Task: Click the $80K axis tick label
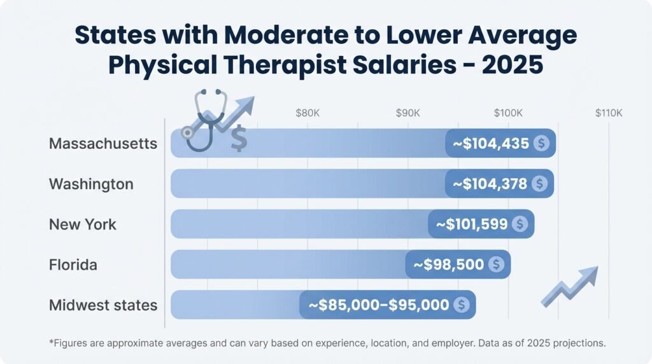[308, 113]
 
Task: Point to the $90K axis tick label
[407, 113]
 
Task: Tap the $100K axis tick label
[508, 113]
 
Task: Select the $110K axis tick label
[608, 113]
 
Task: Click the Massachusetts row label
[103, 143]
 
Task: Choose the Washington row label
[91, 184]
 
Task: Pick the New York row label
[83, 224]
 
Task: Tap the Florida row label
[73, 264]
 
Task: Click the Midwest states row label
[103, 305]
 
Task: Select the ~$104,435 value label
[491, 143]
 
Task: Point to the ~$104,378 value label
[490, 184]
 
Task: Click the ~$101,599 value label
[472, 224]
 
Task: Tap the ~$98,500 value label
[448, 264]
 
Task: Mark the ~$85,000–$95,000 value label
[379, 305]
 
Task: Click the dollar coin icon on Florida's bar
[497, 264]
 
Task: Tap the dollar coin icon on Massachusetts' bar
[541, 143]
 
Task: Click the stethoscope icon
[203, 120]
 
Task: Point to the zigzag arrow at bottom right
[569, 286]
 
